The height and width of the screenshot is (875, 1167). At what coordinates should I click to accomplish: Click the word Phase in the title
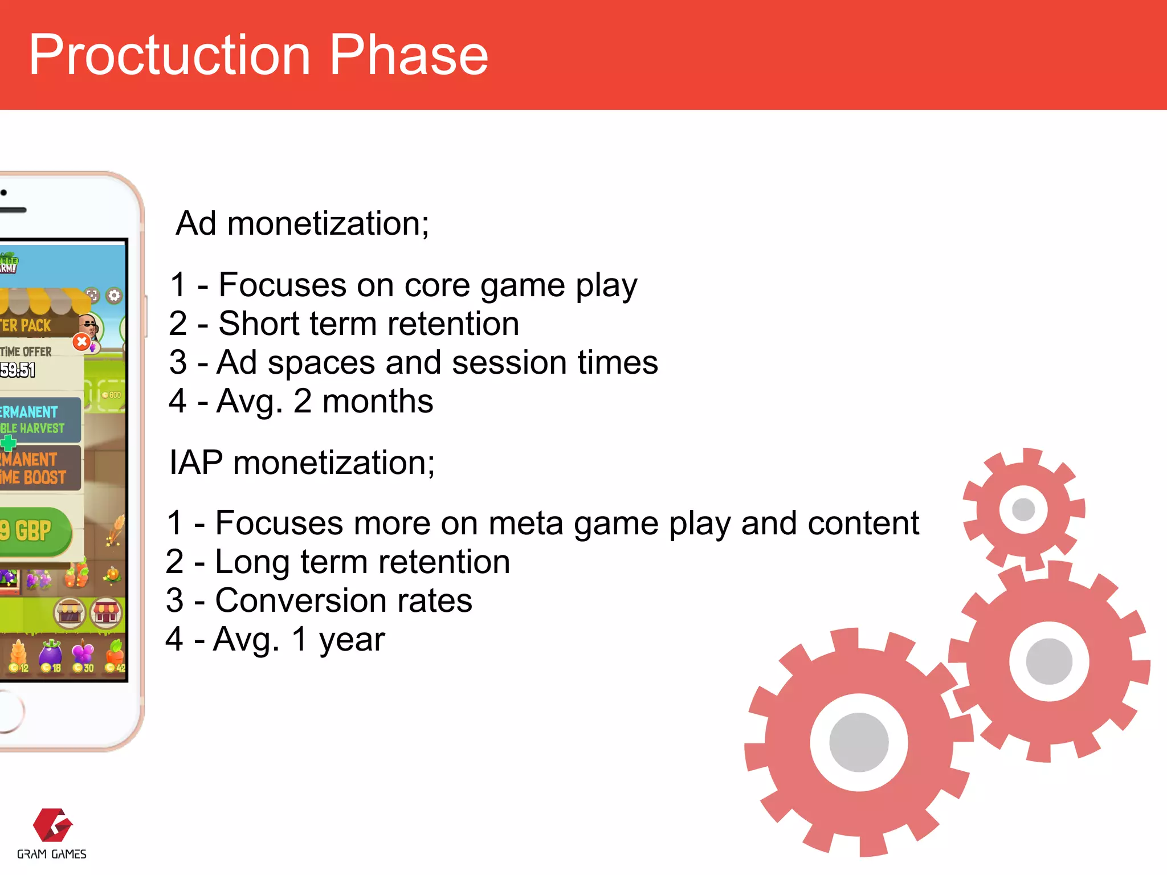pos(409,55)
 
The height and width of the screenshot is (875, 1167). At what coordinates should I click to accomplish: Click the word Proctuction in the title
pos(169,55)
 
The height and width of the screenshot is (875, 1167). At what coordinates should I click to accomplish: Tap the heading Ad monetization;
pos(302,223)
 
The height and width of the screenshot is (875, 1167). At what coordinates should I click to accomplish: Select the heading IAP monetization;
pos(302,463)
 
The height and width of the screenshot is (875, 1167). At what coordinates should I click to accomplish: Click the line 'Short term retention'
pos(368,324)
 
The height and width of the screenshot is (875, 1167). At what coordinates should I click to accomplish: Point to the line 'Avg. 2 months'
pos(325,401)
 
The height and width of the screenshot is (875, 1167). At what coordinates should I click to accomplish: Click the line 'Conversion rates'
pos(344,600)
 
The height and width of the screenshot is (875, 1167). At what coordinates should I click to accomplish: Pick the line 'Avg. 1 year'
pos(299,639)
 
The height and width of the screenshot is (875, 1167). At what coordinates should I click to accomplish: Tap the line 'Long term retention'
pos(362,562)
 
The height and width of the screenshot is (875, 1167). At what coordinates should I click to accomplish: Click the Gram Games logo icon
pos(52,825)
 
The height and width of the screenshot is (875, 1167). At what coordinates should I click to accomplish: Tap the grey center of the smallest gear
pos(1023,509)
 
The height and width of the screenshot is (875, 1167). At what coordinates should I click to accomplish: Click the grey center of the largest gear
pos(859,742)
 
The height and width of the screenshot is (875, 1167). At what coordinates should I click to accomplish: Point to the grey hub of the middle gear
pos(1049,661)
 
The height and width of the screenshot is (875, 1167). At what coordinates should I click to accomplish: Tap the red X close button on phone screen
pos(82,342)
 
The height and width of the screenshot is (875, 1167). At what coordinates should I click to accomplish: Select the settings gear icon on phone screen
pos(115,295)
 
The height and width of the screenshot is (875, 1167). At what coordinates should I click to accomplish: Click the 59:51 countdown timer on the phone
pos(18,370)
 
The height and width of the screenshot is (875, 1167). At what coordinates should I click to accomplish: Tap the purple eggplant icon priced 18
pos(51,654)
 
